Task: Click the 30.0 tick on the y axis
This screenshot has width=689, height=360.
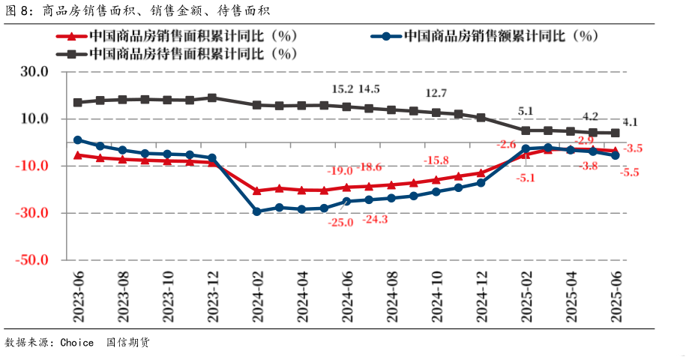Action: [34, 72]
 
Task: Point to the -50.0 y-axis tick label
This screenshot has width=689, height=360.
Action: [32, 260]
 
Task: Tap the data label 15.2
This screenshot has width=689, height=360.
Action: [342, 89]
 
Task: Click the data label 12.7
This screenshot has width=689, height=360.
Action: [436, 93]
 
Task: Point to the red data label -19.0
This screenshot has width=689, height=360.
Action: [339, 171]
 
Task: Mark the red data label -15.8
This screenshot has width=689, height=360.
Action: [436, 160]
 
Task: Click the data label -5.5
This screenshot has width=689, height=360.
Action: [630, 172]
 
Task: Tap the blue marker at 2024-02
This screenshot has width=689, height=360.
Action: [257, 211]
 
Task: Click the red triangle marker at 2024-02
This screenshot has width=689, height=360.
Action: [257, 190]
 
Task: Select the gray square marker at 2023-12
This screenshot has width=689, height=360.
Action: [212, 97]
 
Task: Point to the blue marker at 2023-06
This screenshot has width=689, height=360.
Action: [78, 139]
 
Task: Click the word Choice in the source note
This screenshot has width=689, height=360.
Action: [77, 343]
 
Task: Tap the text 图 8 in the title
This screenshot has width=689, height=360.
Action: [16, 10]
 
